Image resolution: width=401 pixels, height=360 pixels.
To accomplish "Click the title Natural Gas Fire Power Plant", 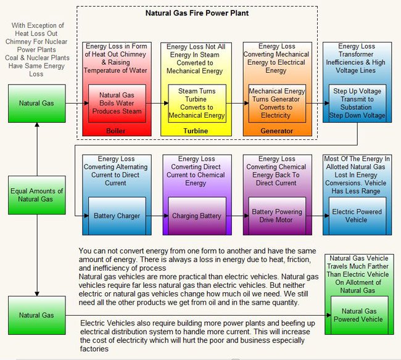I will click(197, 12).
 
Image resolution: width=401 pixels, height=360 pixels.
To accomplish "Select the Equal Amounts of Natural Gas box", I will click(36, 195).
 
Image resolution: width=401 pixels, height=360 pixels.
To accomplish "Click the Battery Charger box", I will click(117, 216).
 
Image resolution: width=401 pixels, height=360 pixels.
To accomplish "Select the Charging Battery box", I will click(197, 216).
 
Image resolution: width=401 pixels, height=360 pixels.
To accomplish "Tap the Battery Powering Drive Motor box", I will click(276, 216).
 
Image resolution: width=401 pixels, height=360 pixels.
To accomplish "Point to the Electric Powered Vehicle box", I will click(357, 216).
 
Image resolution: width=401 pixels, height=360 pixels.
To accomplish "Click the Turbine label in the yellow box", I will click(196, 131).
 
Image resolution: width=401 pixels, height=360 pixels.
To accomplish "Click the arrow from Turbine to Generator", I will click(236, 103).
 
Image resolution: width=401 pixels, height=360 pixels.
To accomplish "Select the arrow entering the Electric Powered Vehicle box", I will click(318, 216).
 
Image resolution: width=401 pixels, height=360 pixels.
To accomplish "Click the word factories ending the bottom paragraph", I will click(96, 349).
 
